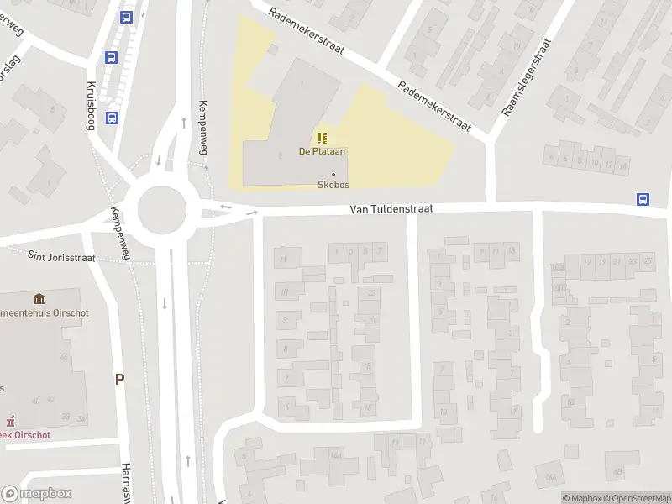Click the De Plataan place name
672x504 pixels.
(323, 152)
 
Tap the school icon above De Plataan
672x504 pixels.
(323, 138)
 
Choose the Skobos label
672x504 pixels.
(333, 185)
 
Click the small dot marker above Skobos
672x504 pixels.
(333, 175)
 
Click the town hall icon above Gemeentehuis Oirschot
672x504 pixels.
(39, 299)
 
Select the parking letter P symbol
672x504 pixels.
(119, 380)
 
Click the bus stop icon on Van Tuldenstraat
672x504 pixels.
(643, 199)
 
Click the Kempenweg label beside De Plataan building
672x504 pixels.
(202, 127)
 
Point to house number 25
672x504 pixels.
(648, 262)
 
